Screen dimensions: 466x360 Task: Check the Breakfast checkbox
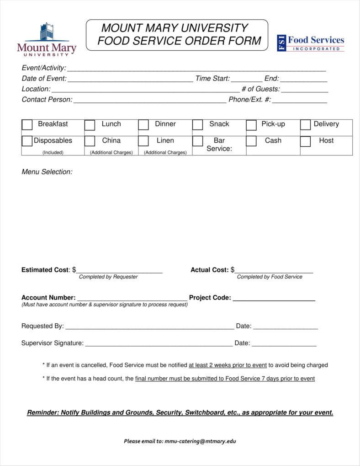coord(27,125)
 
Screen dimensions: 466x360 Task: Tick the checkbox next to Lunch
coord(90,125)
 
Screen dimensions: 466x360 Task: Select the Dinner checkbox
coord(144,125)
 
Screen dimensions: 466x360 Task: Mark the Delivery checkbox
coord(306,125)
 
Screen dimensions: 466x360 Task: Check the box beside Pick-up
coord(252,125)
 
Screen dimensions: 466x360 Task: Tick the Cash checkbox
coord(252,141)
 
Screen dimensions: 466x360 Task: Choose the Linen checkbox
coord(144,141)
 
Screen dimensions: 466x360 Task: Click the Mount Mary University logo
coord(47,40)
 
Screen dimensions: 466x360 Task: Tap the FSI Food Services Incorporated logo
coord(311,43)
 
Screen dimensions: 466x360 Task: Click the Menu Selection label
coord(47,172)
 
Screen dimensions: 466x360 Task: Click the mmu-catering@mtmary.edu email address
coord(201,441)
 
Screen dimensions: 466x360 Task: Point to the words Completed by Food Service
coord(270,277)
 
